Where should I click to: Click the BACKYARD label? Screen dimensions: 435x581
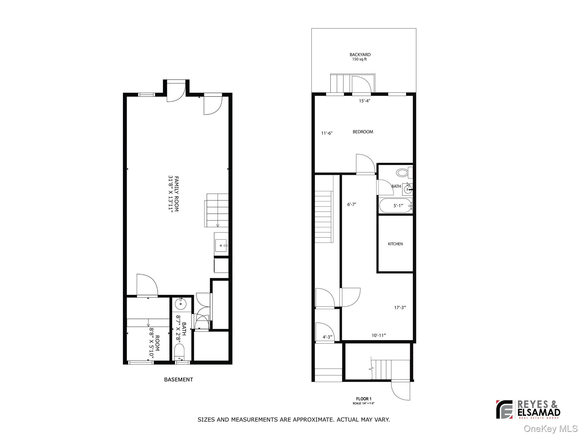tap(360, 55)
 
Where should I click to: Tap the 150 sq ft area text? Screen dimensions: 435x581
tap(359, 60)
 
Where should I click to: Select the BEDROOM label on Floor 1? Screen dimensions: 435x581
tap(363, 132)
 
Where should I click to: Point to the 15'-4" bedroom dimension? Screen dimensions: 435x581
tap(365, 101)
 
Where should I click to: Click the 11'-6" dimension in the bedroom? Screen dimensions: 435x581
tap(327, 133)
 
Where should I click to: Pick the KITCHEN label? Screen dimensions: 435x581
tap(395, 244)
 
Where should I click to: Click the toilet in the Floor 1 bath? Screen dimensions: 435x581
tap(402, 172)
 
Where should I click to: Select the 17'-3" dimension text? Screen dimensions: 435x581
tap(400, 307)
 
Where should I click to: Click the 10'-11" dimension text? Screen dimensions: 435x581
tap(379, 336)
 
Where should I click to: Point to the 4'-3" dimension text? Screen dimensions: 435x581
tap(327, 337)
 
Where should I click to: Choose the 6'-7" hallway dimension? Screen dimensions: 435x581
tap(351, 204)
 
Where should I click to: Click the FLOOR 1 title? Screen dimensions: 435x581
tap(364, 399)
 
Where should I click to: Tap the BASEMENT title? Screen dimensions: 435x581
tap(178, 379)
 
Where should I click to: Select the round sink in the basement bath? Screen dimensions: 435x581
tap(180, 305)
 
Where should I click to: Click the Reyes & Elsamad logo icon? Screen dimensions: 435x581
tap(504, 409)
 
